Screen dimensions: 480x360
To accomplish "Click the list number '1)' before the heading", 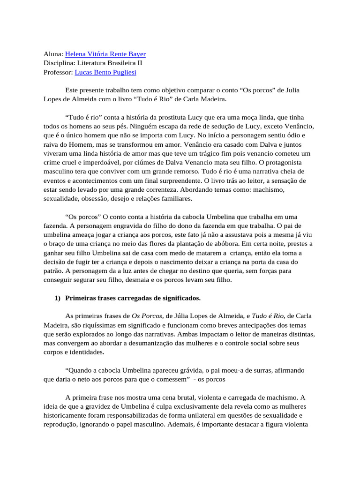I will coord(58,298).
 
